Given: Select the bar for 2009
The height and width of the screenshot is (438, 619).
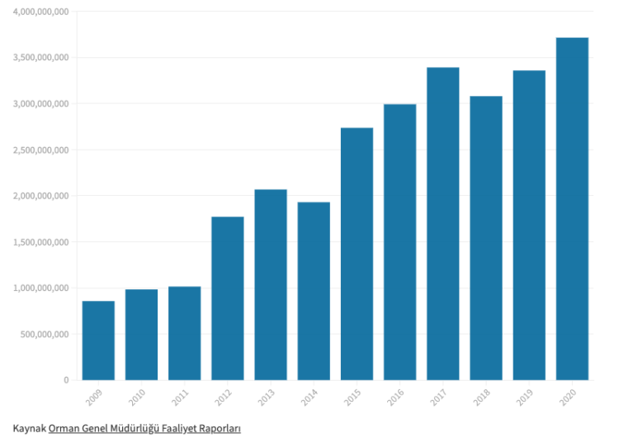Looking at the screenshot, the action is pyautogui.click(x=98, y=340).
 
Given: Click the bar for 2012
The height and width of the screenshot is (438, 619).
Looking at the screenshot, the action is pyautogui.click(x=228, y=298).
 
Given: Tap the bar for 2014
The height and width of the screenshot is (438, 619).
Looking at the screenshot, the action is pyautogui.click(x=314, y=291).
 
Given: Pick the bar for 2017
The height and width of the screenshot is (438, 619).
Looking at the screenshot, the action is pyautogui.click(x=443, y=224).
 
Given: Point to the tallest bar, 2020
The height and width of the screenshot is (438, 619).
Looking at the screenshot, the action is pyautogui.click(x=572, y=209).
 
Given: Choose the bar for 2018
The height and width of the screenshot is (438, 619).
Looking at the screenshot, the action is pyautogui.click(x=486, y=238).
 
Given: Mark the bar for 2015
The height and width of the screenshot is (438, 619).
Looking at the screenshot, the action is pyautogui.click(x=357, y=254).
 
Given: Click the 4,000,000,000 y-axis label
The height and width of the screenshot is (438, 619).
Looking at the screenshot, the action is pyautogui.click(x=40, y=12).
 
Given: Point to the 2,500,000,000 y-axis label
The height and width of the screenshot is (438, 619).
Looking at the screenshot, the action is pyautogui.click(x=40, y=150).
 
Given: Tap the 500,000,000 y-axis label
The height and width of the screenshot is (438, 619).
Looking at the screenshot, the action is pyautogui.click(x=45, y=335).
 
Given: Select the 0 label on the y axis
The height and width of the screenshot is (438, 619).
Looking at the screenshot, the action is pyautogui.click(x=66, y=380).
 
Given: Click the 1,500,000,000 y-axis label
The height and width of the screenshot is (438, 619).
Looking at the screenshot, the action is pyautogui.click(x=40, y=242).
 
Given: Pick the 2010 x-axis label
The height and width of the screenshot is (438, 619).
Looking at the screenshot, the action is pyautogui.click(x=137, y=398).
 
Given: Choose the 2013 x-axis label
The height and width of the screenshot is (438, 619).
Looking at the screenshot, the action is pyautogui.click(x=267, y=398).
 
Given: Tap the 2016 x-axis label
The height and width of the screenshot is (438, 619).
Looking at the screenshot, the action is pyautogui.click(x=395, y=398).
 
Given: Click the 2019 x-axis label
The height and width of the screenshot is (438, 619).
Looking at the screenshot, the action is pyautogui.click(x=525, y=398).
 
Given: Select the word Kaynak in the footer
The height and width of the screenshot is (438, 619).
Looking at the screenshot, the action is pyautogui.click(x=29, y=429).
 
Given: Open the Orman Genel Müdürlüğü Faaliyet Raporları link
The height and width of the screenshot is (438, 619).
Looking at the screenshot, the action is pyautogui.click(x=144, y=429).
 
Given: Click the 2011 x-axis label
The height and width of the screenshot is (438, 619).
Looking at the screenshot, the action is pyautogui.click(x=180, y=398).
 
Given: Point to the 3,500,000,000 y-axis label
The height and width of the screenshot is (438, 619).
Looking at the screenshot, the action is pyautogui.click(x=40, y=58).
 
